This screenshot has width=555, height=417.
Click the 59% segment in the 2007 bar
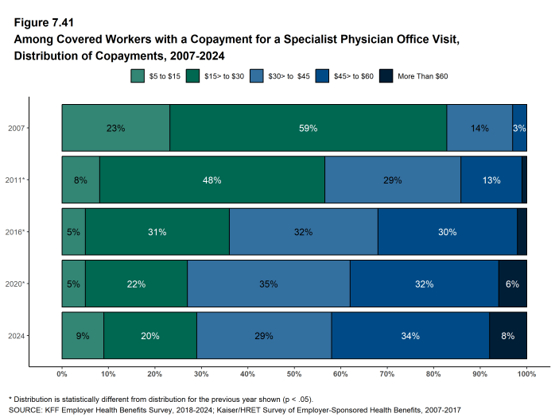pyautogui.click(x=308, y=128)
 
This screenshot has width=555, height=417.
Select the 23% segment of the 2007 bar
pyautogui.click(x=115, y=128)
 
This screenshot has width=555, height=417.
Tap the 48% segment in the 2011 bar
pyautogui.click(x=212, y=180)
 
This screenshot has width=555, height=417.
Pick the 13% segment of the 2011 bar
pyautogui.click(x=491, y=180)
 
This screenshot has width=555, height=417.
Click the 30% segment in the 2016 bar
pyautogui.click(x=447, y=232)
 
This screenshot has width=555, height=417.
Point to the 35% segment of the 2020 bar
pyautogui.click(x=268, y=284)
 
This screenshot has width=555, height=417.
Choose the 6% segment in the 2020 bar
pyautogui.click(x=512, y=284)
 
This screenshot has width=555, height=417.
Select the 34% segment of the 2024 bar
pyautogui.click(x=410, y=336)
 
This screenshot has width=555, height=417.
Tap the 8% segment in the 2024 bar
pyautogui.click(x=507, y=336)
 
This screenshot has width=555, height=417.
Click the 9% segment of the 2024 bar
pyautogui.click(x=83, y=336)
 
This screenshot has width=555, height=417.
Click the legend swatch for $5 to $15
pyautogui.click(x=137, y=75)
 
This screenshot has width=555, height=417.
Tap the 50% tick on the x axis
pyautogui.click(x=294, y=373)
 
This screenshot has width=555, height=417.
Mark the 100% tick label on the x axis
pyautogui.click(x=526, y=373)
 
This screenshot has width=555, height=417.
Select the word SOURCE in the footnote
pyautogui.click(x=27, y=411)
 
